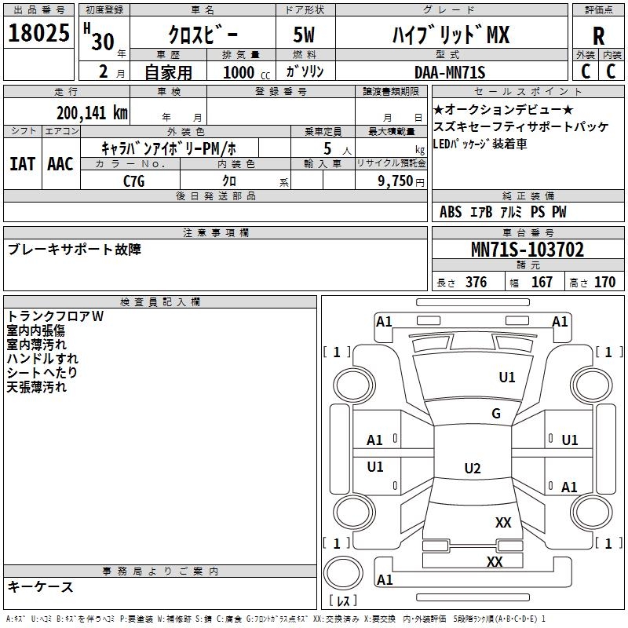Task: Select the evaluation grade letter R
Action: pyautogui.click(x=599, y=36)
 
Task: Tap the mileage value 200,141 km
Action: pyautogui.click(x=92, y=113)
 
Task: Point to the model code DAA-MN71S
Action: pyautogui.click(x=450, y=73)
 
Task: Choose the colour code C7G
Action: pyautogui.click(x=134, y=181)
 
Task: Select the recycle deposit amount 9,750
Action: pyautogui.click(x=390, y=181)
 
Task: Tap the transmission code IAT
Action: pyautogui.click(x=22, y=163)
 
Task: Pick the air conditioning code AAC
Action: pyautogui.click(x=60, y=163)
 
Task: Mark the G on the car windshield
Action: pyautogui.click(x=495, y=414)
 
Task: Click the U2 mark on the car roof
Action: pyautogui.click(x=472, y=469)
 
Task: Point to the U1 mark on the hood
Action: pyautogui.click(x=507, y=378)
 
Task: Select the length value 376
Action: pyautogui.click(x=476, y=283)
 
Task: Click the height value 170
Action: pyautogui.click(x=604, y=283)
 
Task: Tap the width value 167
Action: pyautogui.click(x=542, y=283)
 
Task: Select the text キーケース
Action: pyautogui.click(x=41, y=586)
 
